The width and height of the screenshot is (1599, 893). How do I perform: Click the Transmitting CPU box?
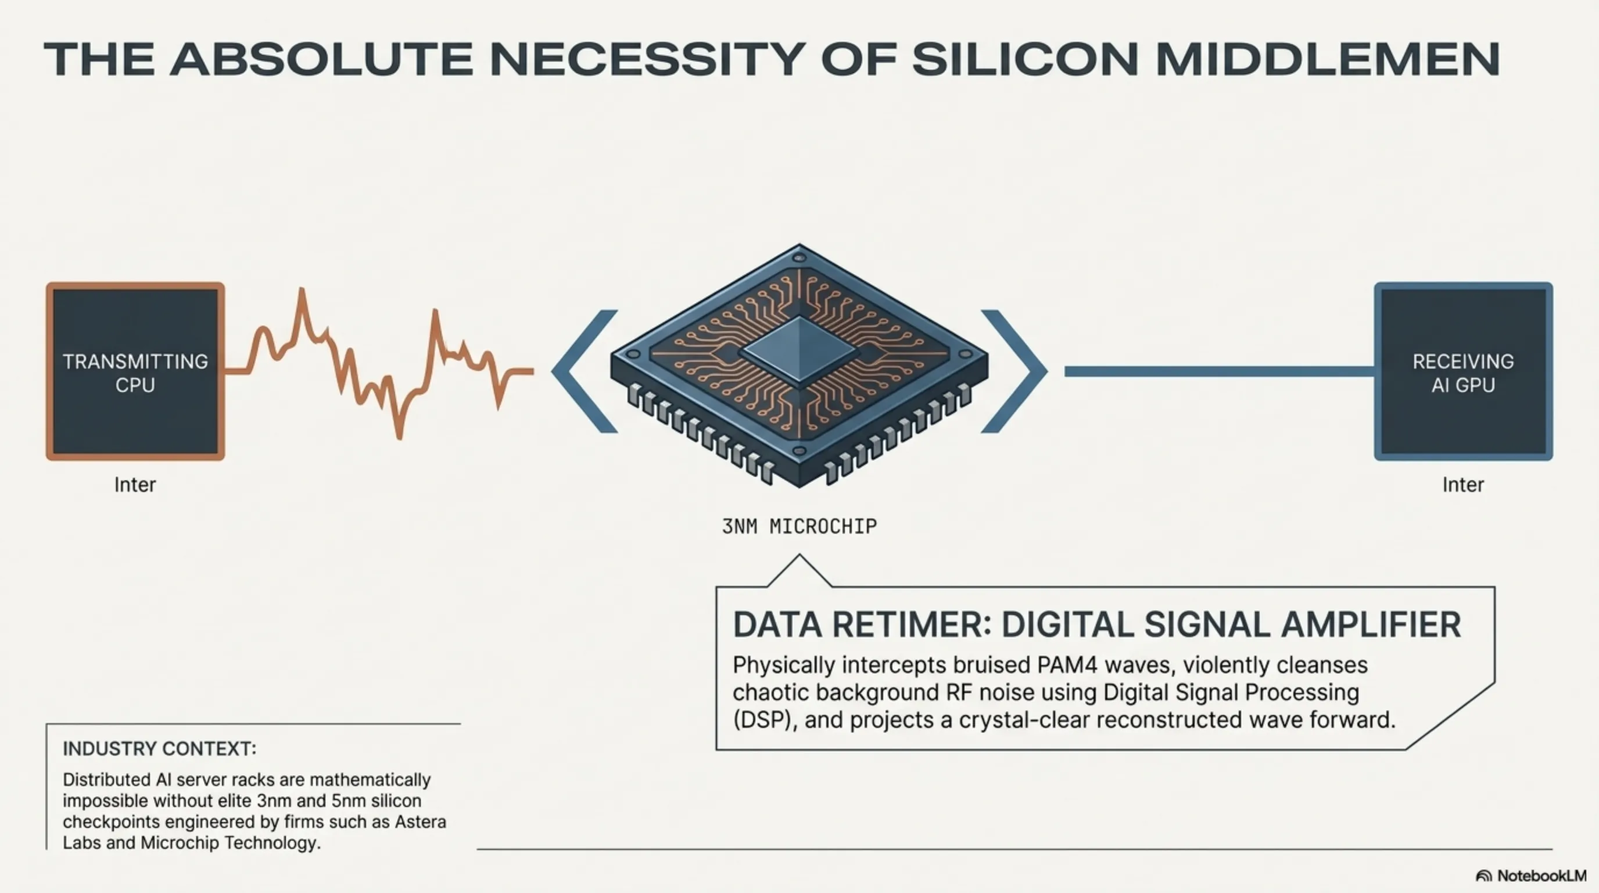[135, 372]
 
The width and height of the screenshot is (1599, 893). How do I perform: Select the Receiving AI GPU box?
[1463, 372]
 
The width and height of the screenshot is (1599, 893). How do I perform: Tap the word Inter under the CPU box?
[135, 484]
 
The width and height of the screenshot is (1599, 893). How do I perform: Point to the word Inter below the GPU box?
[1463, 484]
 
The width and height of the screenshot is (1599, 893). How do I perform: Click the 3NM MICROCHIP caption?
[799, 527]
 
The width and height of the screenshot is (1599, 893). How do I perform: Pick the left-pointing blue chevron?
[584, 372]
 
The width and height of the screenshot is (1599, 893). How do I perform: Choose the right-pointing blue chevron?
[1014, 372]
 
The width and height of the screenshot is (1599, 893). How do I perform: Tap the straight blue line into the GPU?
[1219, 372]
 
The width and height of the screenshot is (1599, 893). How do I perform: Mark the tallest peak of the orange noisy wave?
[302, 290]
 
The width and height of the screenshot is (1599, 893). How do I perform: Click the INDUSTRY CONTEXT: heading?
[160, 749]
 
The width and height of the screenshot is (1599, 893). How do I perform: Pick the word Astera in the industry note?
[420, 821]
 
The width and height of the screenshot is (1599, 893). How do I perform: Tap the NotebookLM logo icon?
[1483, 876]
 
